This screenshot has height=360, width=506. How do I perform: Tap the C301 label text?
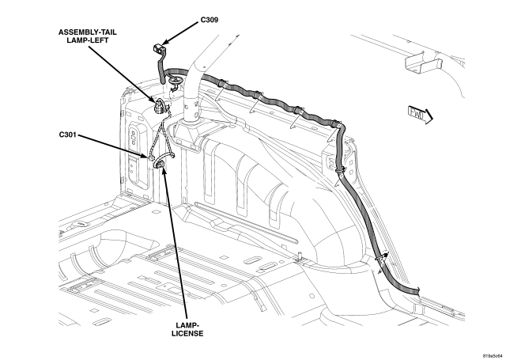click(x=72, y=135)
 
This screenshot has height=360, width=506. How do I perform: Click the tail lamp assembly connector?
click(x=161, y=107)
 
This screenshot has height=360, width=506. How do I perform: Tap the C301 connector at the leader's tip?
click(x=146, y=156)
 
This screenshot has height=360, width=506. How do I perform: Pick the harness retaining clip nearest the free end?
click(x=382, y=258)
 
